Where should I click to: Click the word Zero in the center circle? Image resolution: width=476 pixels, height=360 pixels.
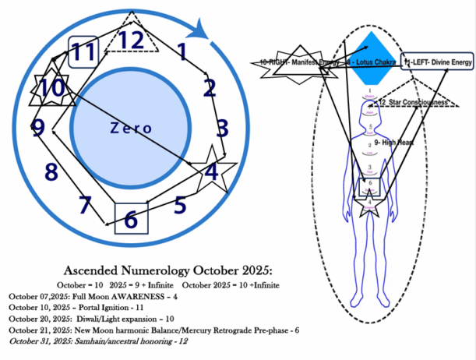coord(129,127)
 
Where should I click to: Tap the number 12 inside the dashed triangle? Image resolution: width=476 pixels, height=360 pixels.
coord(131,39)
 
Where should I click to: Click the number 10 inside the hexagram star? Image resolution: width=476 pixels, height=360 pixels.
coord(52,88)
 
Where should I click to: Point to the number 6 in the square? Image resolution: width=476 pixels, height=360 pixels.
coord(131,220)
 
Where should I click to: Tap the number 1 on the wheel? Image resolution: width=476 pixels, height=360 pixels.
coord(182,53)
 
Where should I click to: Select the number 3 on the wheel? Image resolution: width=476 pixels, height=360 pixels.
coord(222,127)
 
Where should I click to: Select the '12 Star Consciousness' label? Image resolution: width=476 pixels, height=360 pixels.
coord(411,102)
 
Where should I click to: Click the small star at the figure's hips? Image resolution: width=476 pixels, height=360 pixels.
coord(368,206)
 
